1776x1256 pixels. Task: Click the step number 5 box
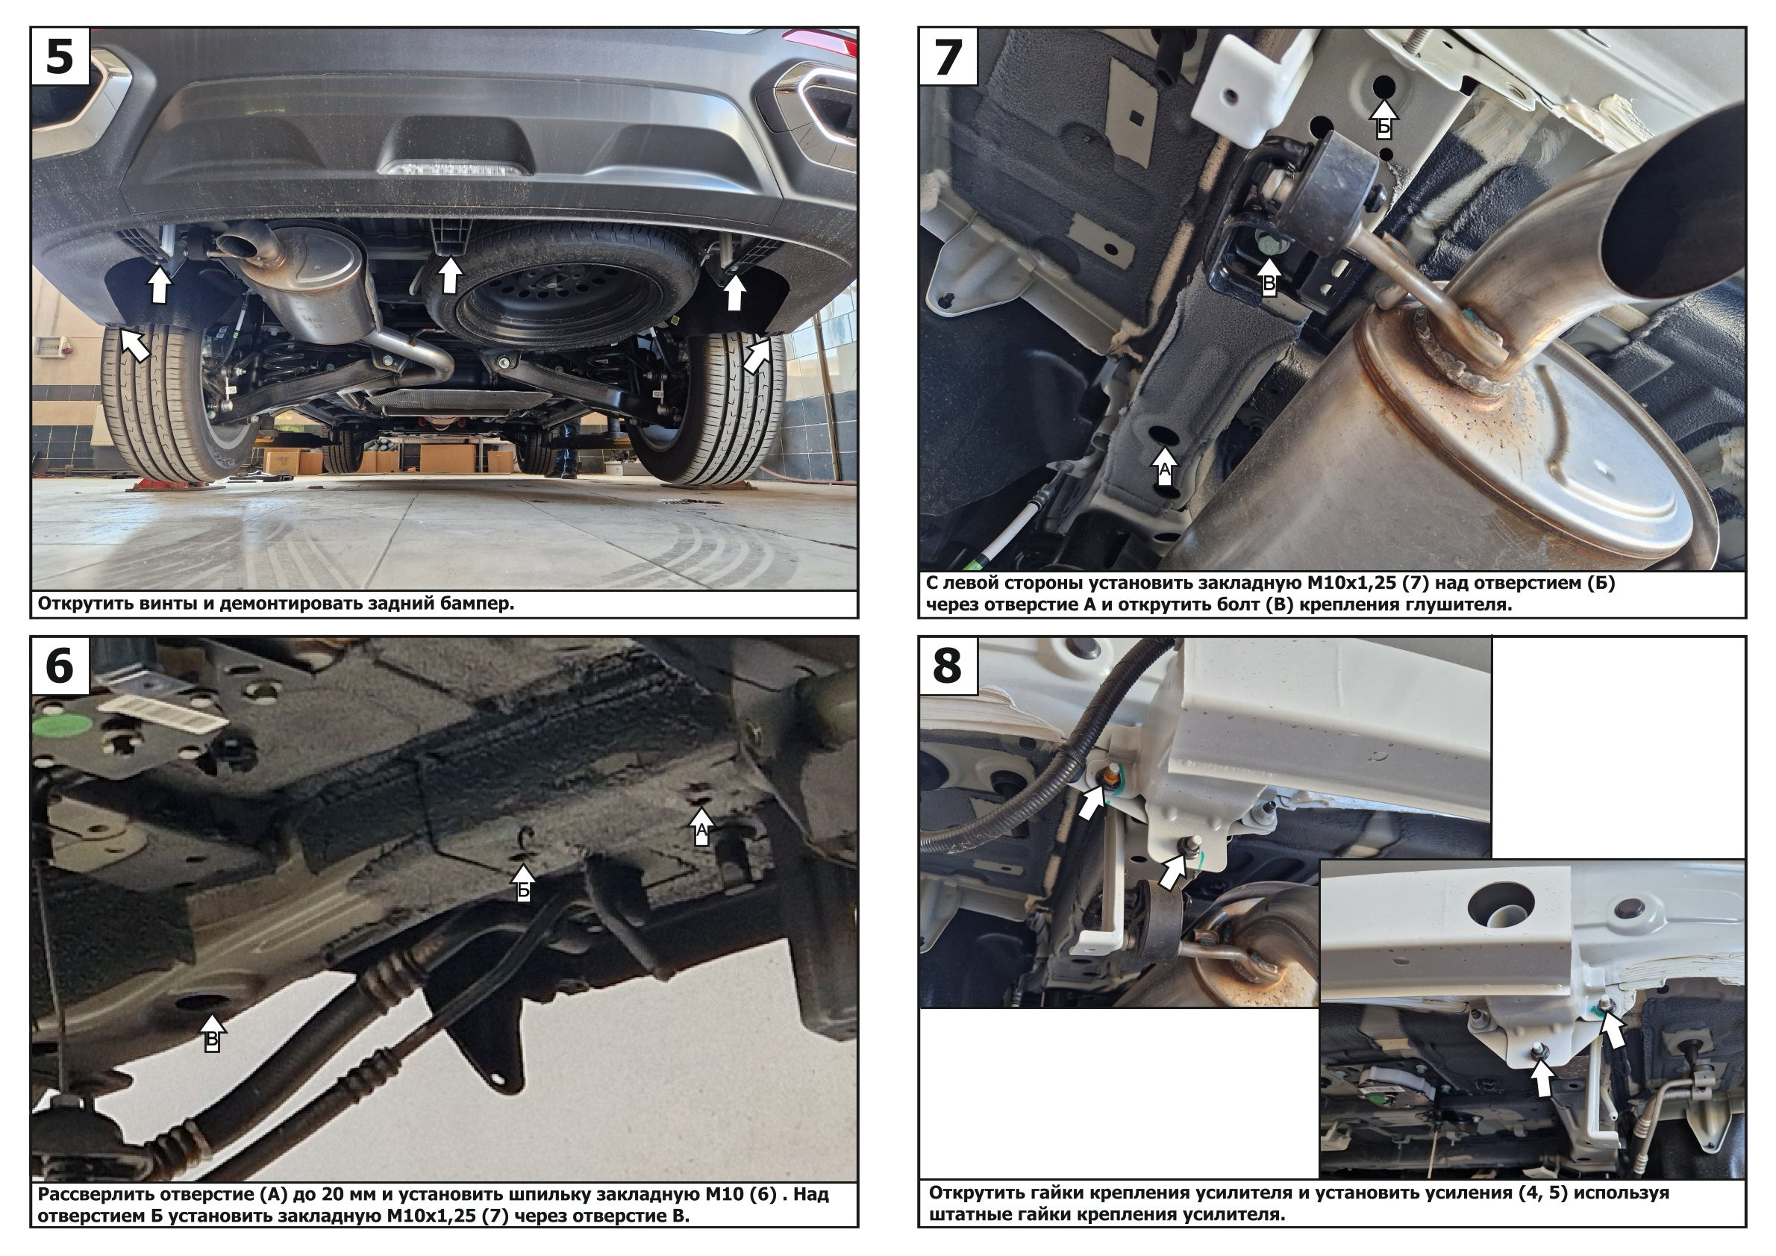tap(60, 57)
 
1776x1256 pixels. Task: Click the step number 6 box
tap(60, 666)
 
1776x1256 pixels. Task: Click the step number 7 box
tap(948, 57)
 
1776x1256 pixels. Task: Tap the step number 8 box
tap(948, 666)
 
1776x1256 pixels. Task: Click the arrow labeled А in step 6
tap(701, 826)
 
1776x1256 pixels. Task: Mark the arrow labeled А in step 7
tap(1165, 464)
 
